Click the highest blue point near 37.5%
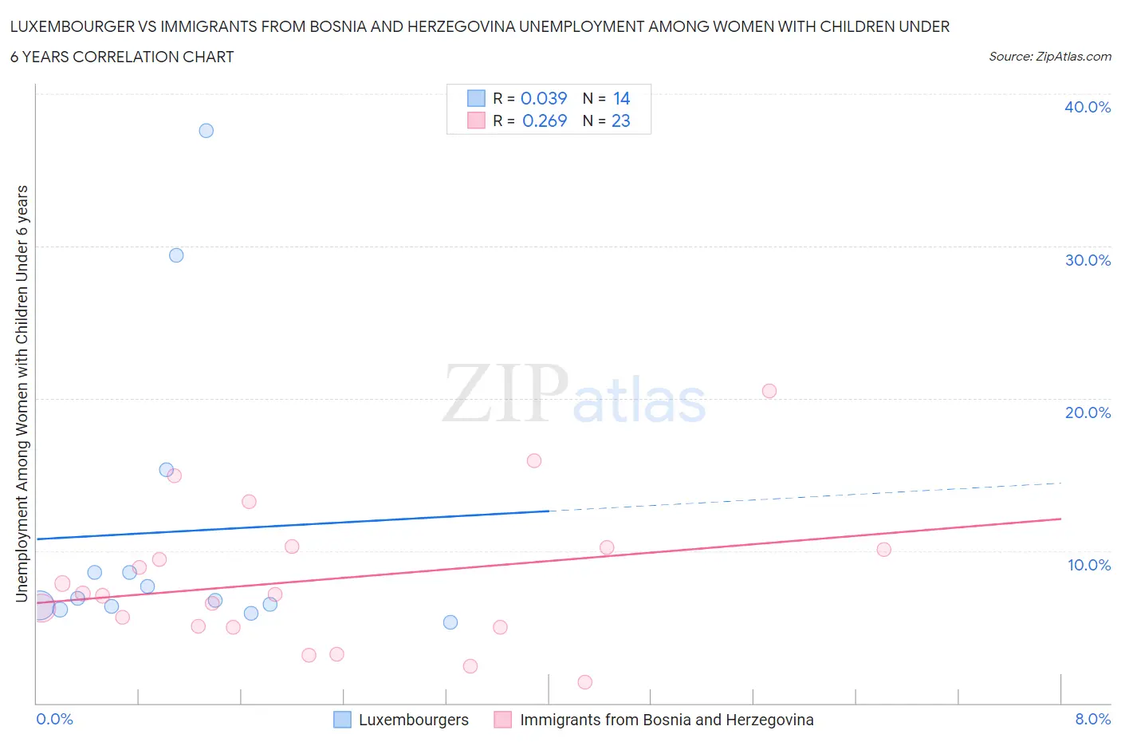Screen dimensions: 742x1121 point(206,131)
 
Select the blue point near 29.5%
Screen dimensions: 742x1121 point(176,255)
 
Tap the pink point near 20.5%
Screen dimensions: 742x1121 point(769,391)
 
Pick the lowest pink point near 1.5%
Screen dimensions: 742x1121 point(584,682)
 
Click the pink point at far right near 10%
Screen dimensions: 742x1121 point(883,550)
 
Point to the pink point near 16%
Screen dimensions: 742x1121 point(534,460)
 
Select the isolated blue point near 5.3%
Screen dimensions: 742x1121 point(450,622)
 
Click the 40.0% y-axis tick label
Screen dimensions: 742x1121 point(1087,107)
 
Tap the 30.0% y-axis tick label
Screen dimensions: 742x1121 point(1087,260)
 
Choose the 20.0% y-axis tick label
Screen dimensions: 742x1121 point(1087,412)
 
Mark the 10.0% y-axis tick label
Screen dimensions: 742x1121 point(1088,565)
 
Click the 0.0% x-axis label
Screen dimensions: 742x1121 point(54,719)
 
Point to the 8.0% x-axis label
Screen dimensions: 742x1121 point(1091,719)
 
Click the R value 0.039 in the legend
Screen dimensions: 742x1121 point(544,98)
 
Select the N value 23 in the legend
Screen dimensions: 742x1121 point(620,120)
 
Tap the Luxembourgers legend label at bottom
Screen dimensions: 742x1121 point(413,720)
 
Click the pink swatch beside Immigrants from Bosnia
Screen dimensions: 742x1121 point(502,720)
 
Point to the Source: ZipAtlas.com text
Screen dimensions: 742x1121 point(1049,56)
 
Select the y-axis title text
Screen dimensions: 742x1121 point(22,393)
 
